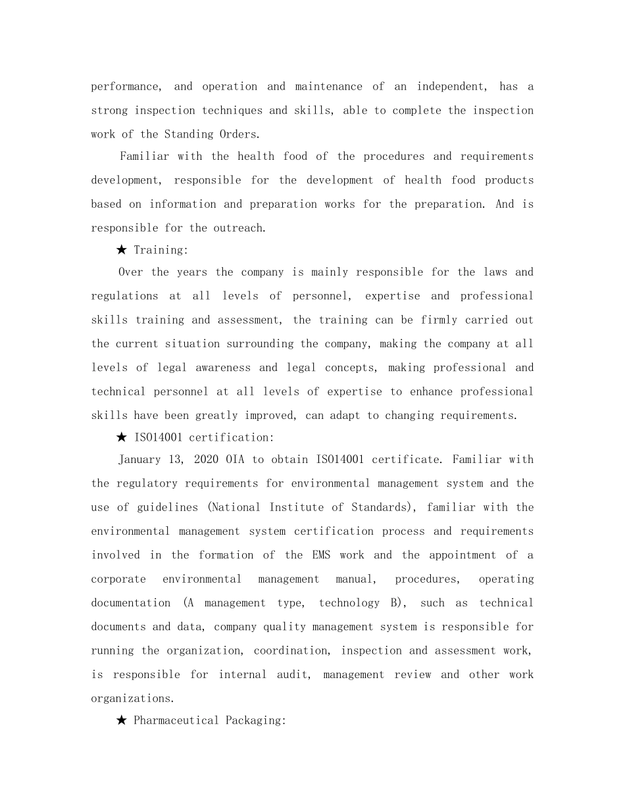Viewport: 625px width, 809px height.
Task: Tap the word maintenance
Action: click(x=328, y=87)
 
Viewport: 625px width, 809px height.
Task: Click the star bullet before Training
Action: click(x=121, y=250)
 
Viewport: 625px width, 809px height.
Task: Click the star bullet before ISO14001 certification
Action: click(x=121, y=437)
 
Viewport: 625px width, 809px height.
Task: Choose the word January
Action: click(x=140, y=460)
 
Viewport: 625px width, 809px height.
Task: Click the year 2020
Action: click(x=206, y=460)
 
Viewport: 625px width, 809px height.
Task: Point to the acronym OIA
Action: click(x=235, y=460)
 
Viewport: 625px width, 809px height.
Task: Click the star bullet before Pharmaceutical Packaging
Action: click(x=121, y=721)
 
